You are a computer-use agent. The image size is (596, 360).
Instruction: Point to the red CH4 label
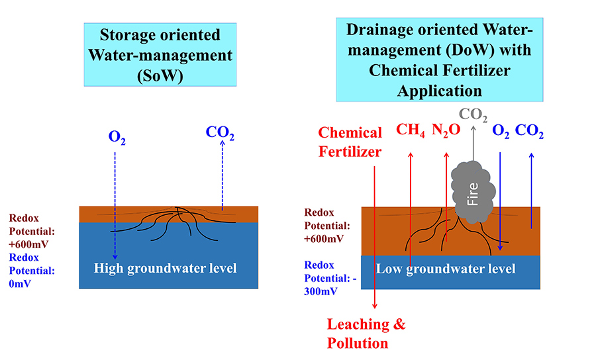(410, 130)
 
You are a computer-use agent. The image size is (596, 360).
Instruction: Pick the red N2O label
(446, 130)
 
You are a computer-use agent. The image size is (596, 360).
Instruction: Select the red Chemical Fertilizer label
(350, 142)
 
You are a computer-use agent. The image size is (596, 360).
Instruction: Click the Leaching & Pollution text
(366, 334)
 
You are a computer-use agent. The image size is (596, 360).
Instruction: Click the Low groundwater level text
(446, 269)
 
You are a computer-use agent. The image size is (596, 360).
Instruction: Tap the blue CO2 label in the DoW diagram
(530, 131)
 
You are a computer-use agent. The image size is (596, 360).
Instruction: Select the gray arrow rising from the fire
(473, 142)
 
